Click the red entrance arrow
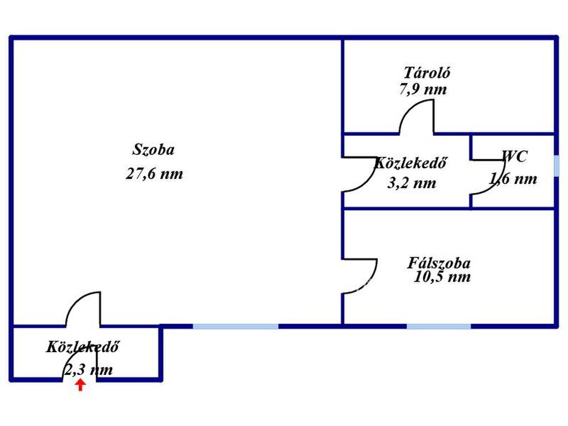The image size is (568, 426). coord(80,385)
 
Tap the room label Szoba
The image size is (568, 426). coord(154,150)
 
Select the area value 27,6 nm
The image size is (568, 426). coord(155,174)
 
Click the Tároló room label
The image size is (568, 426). coord(427,73)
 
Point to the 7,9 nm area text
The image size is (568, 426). coord(423,89)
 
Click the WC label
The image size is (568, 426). coord(515,156)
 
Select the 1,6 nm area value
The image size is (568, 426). coord(513,178)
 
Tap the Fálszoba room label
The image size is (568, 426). coord(439,262)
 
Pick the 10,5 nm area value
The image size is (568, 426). coord(442,277)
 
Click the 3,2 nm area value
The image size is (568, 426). coord(412,182)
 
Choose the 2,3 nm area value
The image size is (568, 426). coord(88,369)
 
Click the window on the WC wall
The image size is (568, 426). coord(556,165)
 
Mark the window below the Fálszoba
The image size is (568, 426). coord(439,326)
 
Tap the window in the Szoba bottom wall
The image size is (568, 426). coord(235,326)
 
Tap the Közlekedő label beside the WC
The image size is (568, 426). coord(410,163)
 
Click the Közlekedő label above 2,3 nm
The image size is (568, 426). coord(83,347)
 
